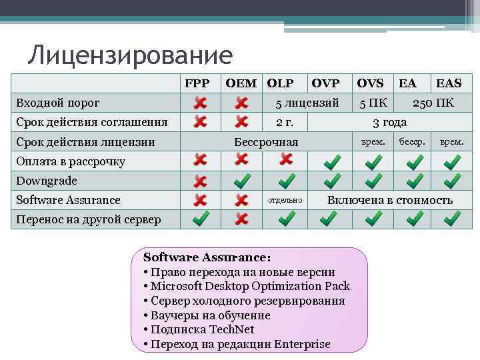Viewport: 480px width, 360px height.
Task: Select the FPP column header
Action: (197, 83)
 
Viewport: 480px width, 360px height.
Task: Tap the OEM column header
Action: (241, 83)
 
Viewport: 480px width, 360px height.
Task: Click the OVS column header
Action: (370, 83)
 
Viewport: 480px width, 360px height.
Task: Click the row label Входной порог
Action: (58, 103)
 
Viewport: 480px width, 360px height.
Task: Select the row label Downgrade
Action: (47, 181)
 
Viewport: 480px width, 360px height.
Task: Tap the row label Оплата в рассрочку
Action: (71, 161)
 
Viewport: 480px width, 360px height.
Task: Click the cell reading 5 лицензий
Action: (307, 103)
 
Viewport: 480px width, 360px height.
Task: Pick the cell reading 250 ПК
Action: (433, 103)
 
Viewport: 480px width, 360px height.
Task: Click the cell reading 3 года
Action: (389, 122)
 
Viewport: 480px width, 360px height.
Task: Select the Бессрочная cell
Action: (266, 142)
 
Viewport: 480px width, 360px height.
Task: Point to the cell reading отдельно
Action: (285, 200)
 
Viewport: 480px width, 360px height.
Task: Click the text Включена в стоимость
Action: (389, 200)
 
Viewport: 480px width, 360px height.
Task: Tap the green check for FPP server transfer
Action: (199, 219)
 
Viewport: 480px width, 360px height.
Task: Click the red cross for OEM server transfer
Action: (242, 219)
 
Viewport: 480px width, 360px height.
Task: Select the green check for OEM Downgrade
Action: (242, 181)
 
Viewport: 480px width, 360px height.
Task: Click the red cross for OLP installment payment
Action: (285, 159)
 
